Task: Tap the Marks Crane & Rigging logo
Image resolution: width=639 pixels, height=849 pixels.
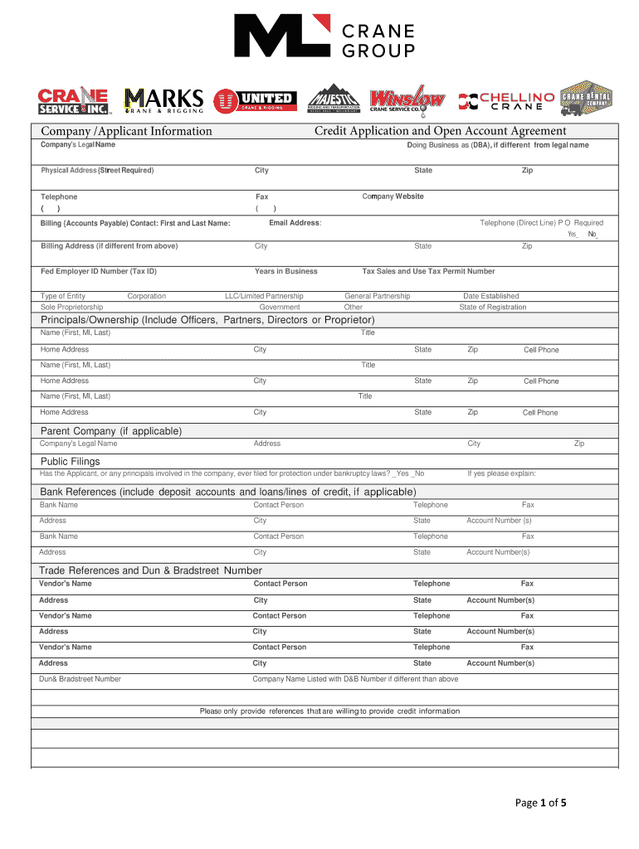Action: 163,100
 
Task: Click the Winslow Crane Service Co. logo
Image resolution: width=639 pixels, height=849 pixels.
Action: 407,99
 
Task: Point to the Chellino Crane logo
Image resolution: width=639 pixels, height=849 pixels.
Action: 506,101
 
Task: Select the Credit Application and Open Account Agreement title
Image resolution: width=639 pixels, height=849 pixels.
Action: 440,131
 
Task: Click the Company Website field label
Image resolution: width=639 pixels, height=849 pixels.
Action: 393,196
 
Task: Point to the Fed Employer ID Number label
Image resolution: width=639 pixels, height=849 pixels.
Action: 98,271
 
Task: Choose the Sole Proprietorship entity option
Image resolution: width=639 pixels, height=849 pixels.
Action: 72,307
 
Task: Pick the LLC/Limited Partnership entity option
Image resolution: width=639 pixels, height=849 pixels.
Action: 264,296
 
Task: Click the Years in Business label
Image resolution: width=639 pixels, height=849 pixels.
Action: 285,271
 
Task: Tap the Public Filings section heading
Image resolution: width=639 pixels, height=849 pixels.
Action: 71,461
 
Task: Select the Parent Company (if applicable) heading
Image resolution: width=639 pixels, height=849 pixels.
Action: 111,431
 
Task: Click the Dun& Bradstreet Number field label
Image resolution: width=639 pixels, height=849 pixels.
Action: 80,679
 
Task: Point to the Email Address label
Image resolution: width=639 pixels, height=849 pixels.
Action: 295,223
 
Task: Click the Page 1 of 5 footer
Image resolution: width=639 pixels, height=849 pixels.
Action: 540,803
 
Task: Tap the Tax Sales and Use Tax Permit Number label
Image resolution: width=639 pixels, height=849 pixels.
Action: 428,271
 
